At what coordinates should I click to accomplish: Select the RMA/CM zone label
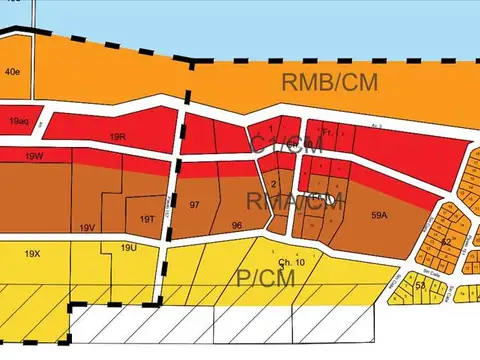287,202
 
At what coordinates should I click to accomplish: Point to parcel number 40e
12,72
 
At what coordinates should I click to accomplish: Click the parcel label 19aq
19,121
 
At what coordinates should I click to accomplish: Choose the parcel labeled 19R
119,137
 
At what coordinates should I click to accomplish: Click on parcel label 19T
147,219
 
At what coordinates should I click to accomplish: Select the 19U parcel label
128,247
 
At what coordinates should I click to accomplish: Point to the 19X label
33,254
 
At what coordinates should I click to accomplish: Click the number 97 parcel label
195,204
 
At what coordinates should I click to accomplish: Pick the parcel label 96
237,225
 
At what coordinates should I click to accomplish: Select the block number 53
420,285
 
